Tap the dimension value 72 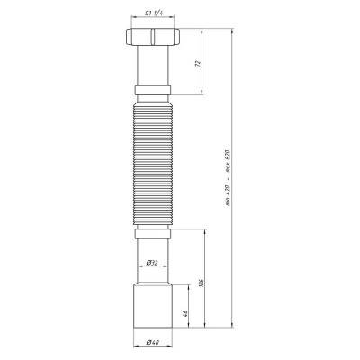click(197, 63)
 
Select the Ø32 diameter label click(152, 263)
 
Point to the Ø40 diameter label click(153, 342)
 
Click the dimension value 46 click(185, 313)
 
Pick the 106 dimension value click(202, 283)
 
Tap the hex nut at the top click(153, 37)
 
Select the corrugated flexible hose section click(153, 164)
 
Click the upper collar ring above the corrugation click(153, 90)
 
